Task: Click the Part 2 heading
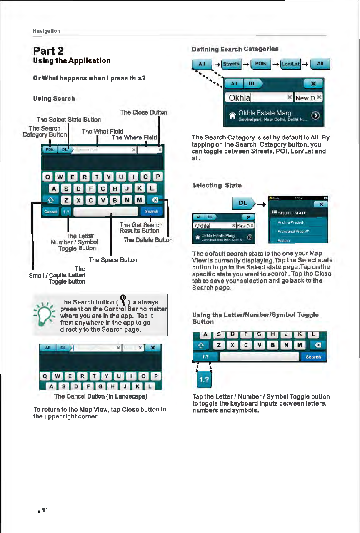pyautogui.click(x=48, y=51)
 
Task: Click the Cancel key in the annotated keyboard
pyautogui.click(x=50, y=212)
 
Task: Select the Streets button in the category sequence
pyautogui.click(x=230, y=64)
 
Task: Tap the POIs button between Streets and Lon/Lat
pyautogui.click(x=260, y=64)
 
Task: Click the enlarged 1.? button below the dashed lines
pyautogui.click(x=204, y=380)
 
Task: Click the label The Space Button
pyautogui.click(x=113, y=259)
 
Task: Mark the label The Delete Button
pyautogui.click(x=148, y=239)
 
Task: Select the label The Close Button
pyautogui.click(x=143, y=112)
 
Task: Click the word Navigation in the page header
pyautogui.click(x=46, y=31)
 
